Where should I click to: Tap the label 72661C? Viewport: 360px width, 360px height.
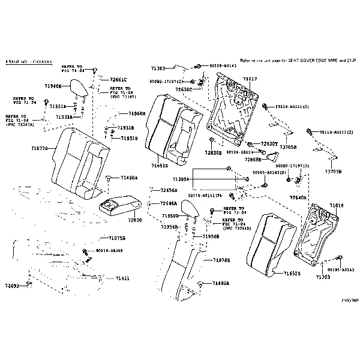click(x=118, y=79)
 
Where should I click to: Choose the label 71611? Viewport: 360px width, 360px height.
click(x=122, y=278)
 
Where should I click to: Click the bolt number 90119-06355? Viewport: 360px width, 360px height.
click(x=109, y=250)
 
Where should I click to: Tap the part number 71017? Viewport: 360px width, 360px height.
click(x=250, y=79)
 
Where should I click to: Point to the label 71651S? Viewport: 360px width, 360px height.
click(x=160, y=165)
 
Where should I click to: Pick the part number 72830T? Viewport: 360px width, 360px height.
click(x=269, y=145)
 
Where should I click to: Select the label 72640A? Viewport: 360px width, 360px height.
click(x=298, y=197)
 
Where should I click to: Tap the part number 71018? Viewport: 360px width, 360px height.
click(x=337, y=205)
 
